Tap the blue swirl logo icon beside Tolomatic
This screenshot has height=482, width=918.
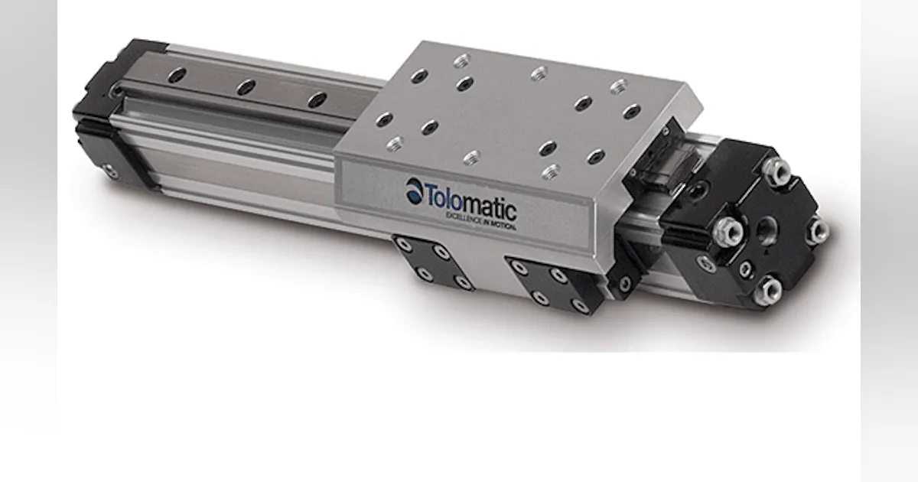coord(414,189)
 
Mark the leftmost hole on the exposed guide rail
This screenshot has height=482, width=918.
coord(177,74)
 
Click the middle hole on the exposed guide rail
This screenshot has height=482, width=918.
coord(246,86)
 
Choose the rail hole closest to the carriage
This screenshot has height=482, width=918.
coord(316,99)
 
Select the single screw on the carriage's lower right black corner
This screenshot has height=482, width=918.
coord(625,283)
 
